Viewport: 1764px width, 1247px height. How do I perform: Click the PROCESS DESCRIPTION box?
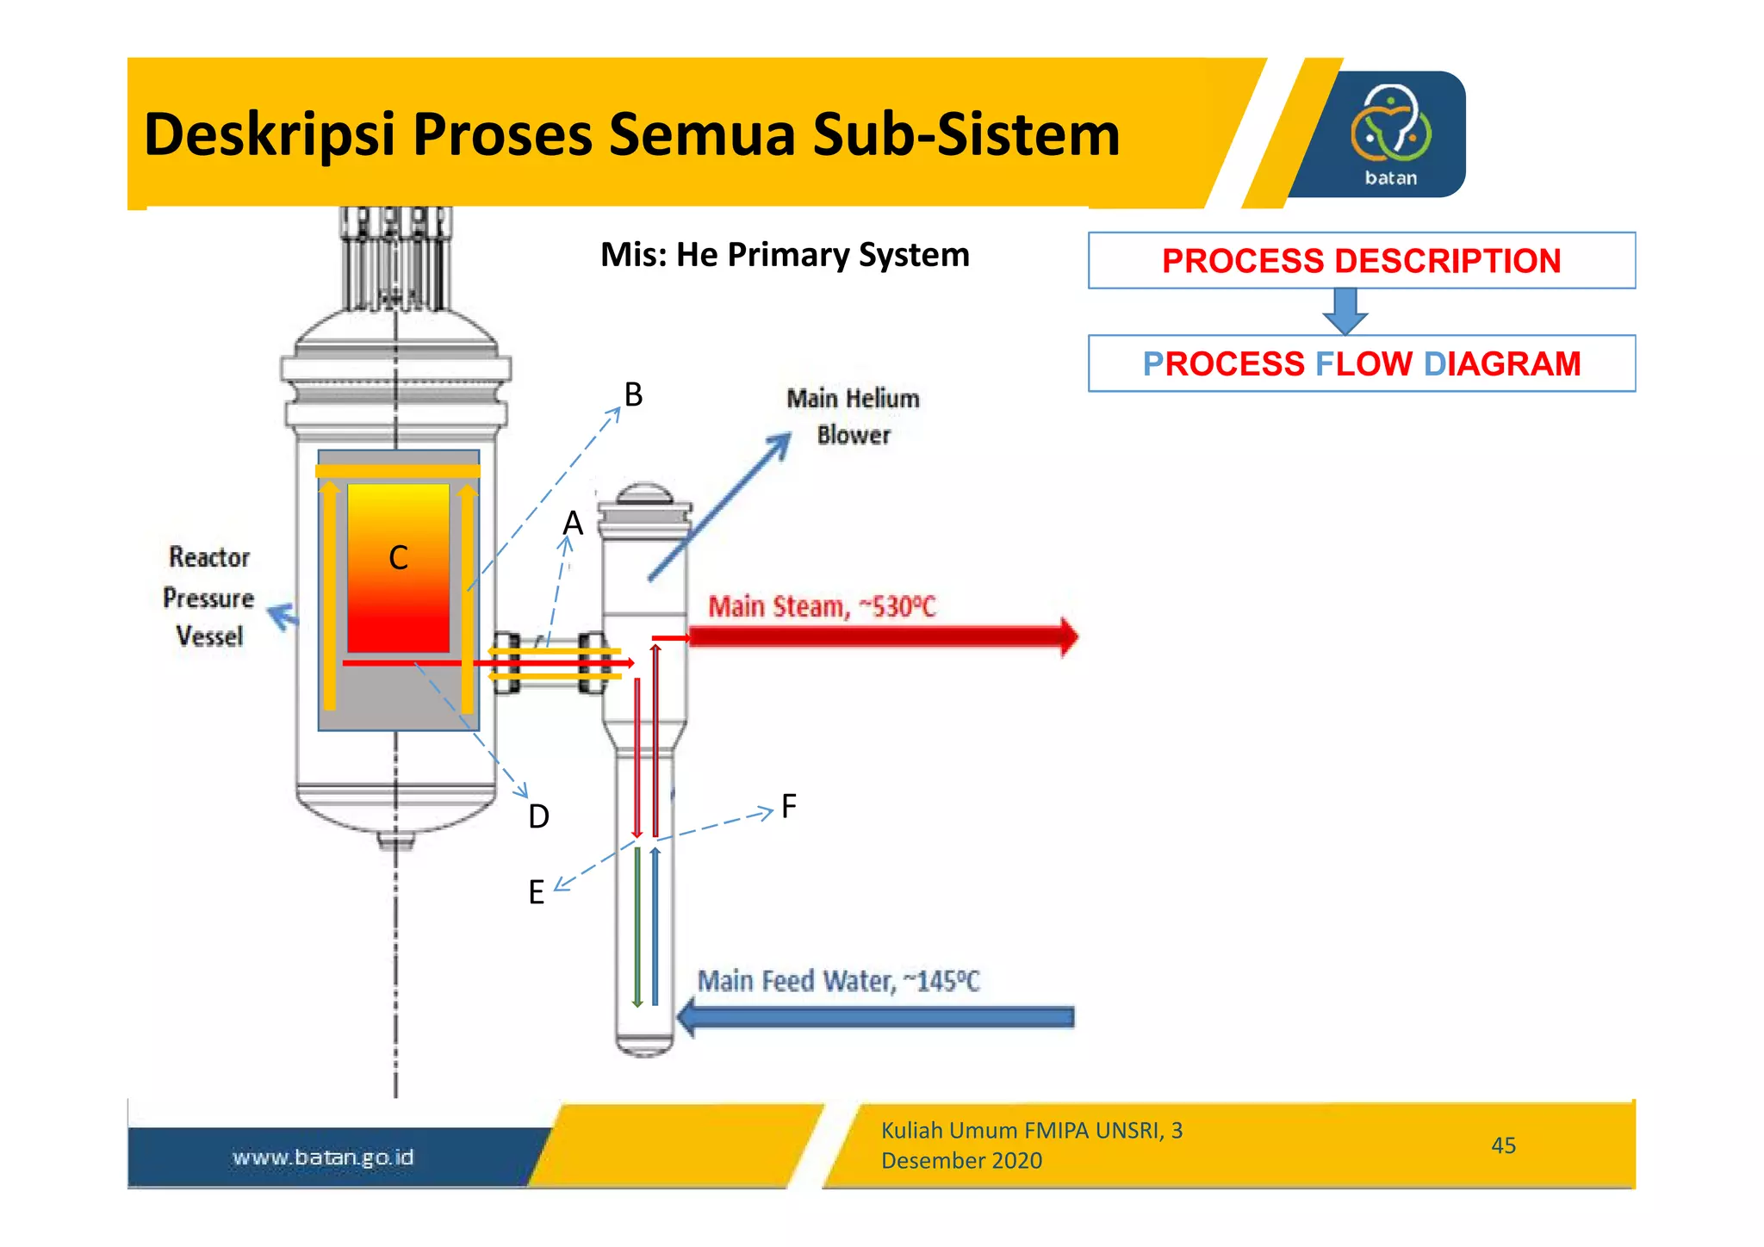(1361, 261)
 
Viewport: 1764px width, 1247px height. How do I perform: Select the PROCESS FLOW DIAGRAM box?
(1361, 363)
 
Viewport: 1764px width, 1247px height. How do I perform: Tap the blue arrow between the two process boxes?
(1345, 311)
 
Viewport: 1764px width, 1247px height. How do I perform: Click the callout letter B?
(633, 395)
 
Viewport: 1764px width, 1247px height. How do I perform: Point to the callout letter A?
(573, 523)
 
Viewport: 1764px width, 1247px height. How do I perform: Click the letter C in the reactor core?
(398, 558)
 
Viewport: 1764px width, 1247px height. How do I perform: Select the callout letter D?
(538, 816)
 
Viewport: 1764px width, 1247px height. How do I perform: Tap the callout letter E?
(536, 892)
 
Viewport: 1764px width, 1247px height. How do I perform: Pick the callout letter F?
(788, 807)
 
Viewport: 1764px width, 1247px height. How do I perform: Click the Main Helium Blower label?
(853, 417)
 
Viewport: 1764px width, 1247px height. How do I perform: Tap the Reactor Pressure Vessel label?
(209, 597)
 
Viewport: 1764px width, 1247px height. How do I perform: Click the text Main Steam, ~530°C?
(821, 607)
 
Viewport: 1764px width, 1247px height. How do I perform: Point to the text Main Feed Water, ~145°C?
(838, 981)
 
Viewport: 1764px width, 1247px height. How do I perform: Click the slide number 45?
(1503, 1145)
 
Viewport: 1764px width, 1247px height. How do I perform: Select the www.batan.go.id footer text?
(323, 1157)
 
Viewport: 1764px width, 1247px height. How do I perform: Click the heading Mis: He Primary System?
(784, 255)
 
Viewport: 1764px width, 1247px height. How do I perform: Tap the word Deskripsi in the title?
(269, 135)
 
